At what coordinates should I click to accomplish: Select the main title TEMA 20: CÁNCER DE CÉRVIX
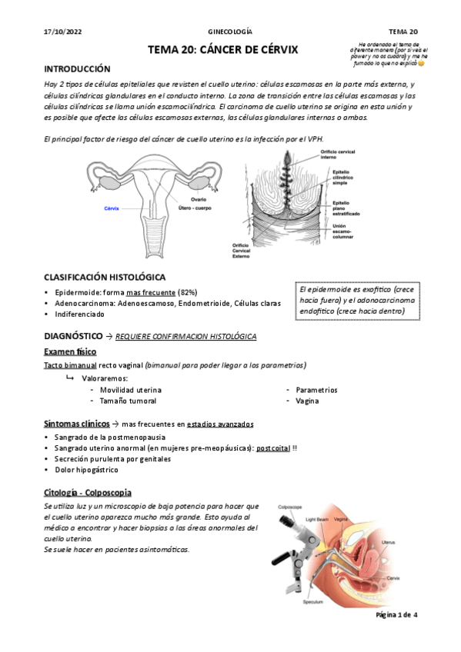[223, 50]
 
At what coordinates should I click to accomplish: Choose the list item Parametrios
[316, 390]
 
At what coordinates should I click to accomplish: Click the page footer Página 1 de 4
[396, 615]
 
